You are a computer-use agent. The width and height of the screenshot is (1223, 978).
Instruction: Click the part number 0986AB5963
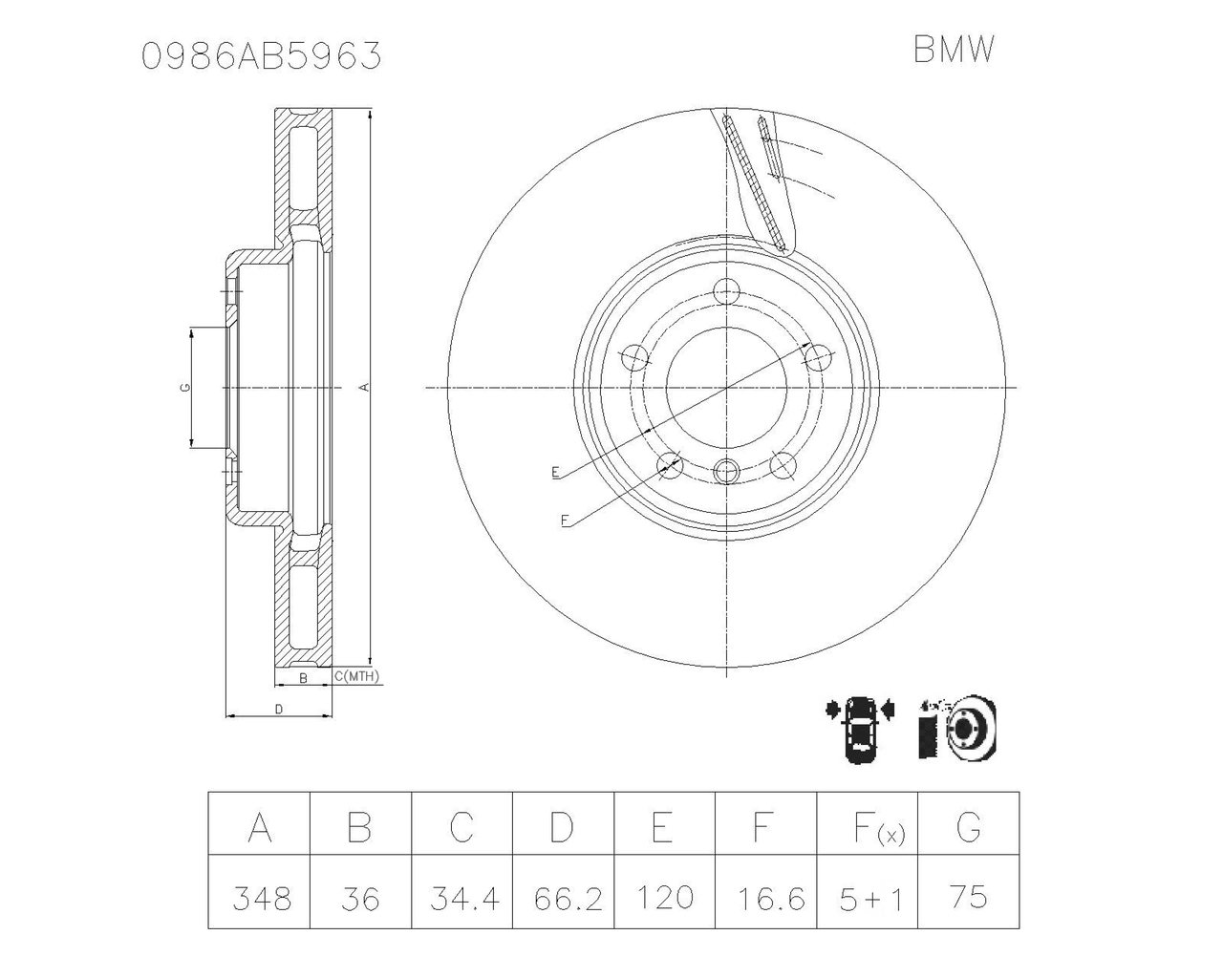(x=262, y=56)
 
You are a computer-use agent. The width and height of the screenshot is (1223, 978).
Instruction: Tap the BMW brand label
(x=954, y=50)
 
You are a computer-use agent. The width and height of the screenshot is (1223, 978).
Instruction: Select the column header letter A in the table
(x=260, y=827)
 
